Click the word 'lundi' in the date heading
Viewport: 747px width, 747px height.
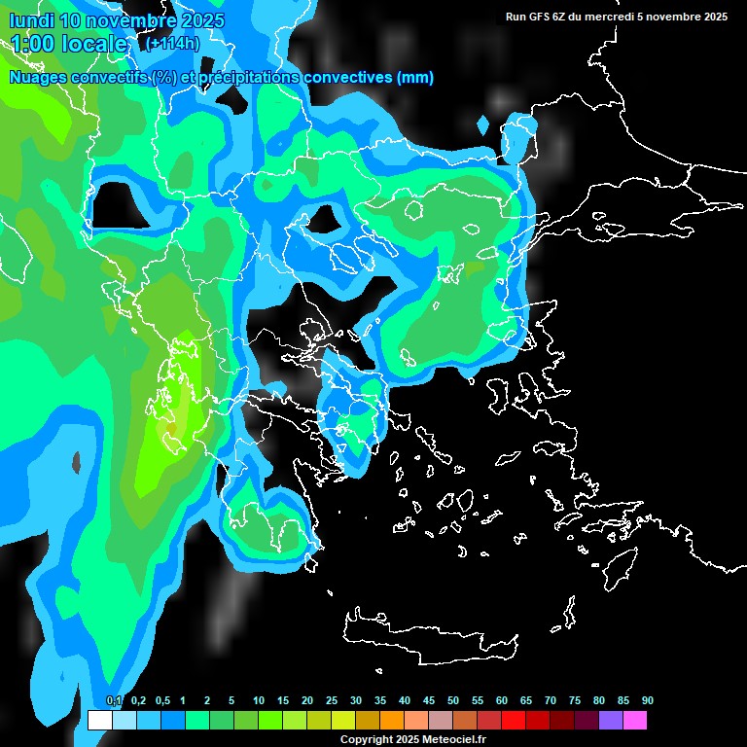(x=33, y=20)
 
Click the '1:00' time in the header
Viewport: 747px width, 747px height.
(x=32, y=44)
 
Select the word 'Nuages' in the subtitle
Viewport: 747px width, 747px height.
(x=38, y=78)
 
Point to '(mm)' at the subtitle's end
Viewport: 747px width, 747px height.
(x=415, y=78)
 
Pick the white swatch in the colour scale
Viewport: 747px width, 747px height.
(x=99, y=721)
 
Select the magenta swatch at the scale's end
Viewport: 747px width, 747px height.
(x=634, y=721)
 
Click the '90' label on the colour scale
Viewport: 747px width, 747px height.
(x=648, y=701)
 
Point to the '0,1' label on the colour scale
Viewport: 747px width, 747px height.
(x=114, y=701)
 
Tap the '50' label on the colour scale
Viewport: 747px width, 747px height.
(x=453, y=701)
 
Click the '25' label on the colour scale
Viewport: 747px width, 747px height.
(x=332, y=701)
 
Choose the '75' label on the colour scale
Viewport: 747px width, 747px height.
(x=575, y=701)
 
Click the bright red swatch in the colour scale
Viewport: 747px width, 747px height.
(x=513, y=721)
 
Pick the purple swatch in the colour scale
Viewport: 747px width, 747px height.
(x=610, y=721)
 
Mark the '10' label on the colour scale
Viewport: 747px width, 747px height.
(x=259, y=701)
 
